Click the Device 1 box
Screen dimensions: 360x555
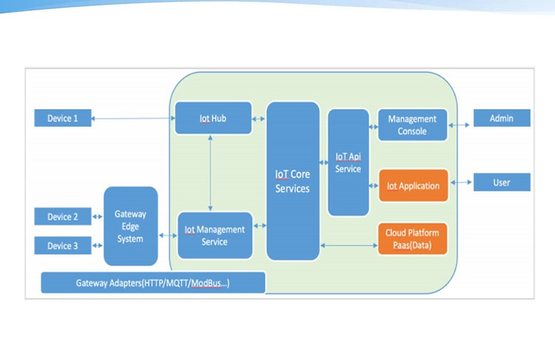click(x=63, y=118)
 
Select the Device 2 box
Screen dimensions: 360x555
click(x=63, y=217)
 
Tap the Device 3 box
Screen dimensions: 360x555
click(x=63, y=246)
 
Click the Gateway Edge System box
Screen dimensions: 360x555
click(x=131, y=226)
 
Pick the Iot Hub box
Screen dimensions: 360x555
click(x=213, y=118)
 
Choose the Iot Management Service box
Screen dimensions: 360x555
click(x=215, y=235)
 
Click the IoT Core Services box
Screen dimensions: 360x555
click(x=292, y=181)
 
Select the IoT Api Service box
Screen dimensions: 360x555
click(x=348, y=162)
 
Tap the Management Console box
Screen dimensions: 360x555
click(x=412, y=125)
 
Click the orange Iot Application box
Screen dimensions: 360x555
click(x=413, y=186)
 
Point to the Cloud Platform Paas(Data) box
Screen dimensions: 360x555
click(x=413, y=238)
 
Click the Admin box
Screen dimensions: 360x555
click(x=501, y=118)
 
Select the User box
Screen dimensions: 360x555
click(x=501, y=181)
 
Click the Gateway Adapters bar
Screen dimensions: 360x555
click(x=153, y=283)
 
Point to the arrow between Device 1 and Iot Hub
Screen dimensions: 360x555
click(x=133, y=119)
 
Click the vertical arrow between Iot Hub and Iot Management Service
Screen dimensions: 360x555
click(x=211, y=173)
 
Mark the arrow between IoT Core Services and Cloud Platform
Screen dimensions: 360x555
click(x=348, y=246)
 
